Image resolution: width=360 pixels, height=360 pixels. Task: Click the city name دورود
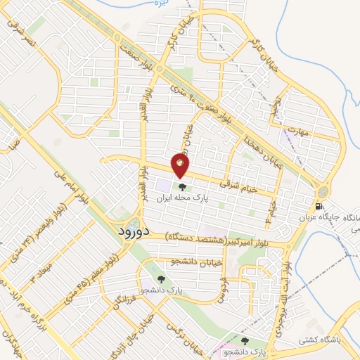click(x=131, y=231)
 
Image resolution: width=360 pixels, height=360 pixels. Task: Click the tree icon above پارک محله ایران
click(x=183, y=188)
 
